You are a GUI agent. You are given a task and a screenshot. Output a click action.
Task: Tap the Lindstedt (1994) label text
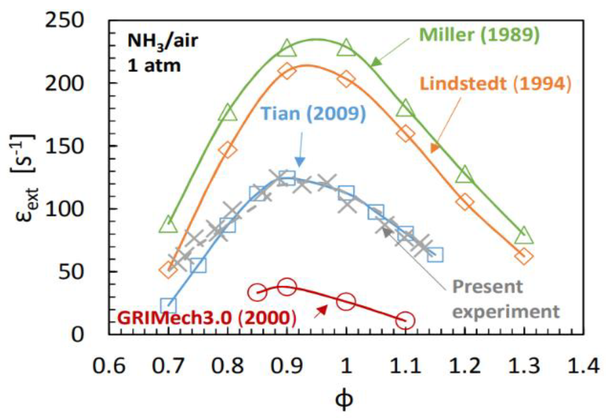point(495,84)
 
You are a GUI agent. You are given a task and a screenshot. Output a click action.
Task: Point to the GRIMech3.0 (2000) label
point(207,318)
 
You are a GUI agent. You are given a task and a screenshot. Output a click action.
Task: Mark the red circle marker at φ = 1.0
point(346,301)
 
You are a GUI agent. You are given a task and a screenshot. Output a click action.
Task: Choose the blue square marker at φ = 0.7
point(168,305)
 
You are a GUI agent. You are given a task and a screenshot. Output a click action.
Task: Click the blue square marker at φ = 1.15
point(435,254)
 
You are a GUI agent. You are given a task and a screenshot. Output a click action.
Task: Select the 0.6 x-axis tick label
point(109,365)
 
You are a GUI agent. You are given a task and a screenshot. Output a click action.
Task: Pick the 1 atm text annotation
point(154,65)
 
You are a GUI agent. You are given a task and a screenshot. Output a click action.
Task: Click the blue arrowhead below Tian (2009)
point(300,162)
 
